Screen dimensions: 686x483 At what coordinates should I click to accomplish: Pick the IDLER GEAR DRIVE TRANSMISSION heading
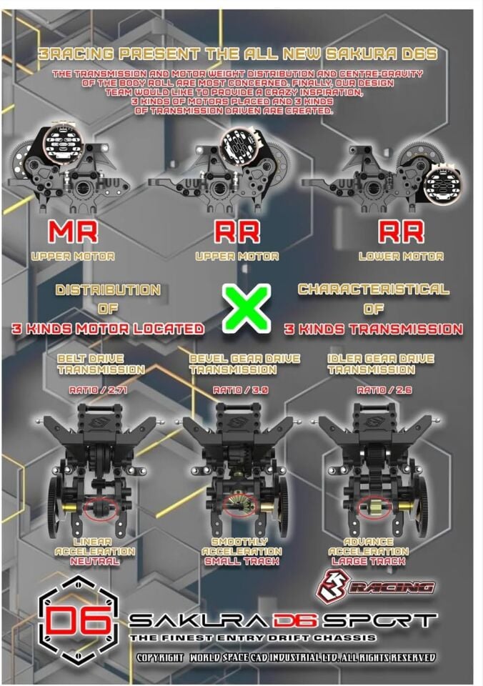(x=380, y=363)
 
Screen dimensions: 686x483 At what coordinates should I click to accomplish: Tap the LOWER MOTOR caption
(x=410, y=256)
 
